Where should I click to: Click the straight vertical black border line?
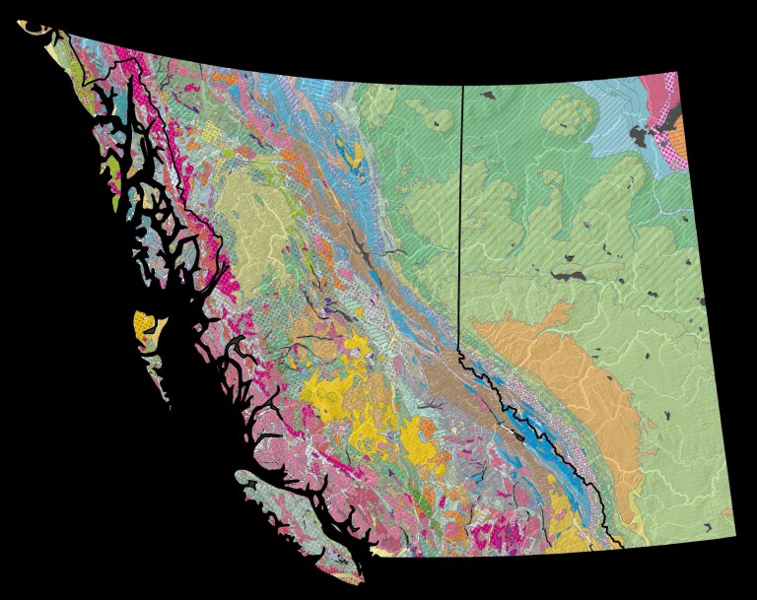pyautogui.click(x=462, y=217)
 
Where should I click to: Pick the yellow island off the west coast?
pyautogui.click(x=144, y=323)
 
